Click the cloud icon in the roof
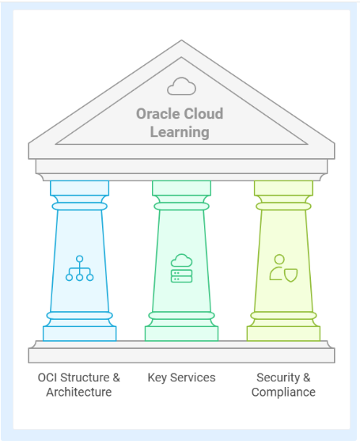181,86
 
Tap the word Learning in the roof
180,132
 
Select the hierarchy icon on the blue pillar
80,268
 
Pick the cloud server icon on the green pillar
181,268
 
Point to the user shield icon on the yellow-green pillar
283,268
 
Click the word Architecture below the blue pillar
79,393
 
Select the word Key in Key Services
157,378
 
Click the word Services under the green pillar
193,378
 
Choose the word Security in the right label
279,378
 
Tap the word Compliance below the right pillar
283,393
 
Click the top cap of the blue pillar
80,188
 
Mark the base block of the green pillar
181,333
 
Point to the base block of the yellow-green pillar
283,333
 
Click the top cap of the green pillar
181,188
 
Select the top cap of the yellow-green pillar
283,188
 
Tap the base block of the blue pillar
80,333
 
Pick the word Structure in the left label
85,378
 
